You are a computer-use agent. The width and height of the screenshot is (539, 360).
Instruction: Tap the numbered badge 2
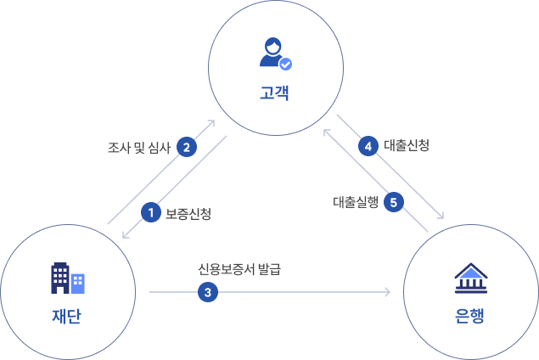point(186,146)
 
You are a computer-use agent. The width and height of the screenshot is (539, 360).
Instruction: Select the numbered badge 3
point(208,292)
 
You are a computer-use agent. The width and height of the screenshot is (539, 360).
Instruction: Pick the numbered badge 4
point(368,146)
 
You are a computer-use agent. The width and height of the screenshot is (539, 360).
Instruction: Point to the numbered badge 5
point(393,202)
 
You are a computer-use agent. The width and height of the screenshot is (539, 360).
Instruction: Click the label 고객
point(275,92)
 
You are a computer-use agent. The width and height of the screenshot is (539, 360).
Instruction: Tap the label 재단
point(67,317)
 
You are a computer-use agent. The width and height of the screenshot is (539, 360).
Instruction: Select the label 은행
point(470,317)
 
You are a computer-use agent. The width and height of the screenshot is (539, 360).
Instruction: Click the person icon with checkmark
point(274,53)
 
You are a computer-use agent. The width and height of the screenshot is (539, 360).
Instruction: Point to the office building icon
point(67,278)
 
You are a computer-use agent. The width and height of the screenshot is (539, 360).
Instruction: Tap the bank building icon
point(470,277)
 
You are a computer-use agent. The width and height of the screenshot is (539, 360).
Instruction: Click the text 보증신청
point(188,213)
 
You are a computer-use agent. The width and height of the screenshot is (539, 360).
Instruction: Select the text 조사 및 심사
point(139,147)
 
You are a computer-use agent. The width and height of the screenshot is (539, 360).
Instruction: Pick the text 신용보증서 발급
point(239,270)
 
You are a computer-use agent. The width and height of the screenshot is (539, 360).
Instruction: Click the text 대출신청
point(407,145)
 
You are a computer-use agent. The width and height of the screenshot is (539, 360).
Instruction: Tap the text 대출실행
point(356,202)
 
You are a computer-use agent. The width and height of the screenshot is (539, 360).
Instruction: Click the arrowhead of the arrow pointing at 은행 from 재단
point(387,292)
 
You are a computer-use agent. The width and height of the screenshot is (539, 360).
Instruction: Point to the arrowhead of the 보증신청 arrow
point(126,235)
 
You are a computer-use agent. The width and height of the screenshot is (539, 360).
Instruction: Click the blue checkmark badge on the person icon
point(285,63)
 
